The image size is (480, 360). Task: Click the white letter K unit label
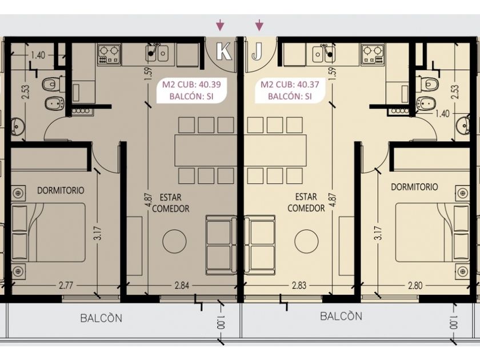(x=224, y=51)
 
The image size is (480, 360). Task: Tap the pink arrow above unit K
(x=220, y=25)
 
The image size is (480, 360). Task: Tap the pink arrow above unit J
(x=259, y=25)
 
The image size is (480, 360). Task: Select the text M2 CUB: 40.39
(x=191, y=84)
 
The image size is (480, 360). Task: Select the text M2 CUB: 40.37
(x=290, y=84)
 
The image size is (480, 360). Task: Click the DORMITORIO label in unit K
(x=61, y=190)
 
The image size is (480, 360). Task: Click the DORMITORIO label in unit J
(x=414, y=187)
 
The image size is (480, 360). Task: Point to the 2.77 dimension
(x=66, y=286)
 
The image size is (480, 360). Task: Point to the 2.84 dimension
(x=182, y=286)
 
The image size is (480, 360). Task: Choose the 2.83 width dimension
(x=299, y=286)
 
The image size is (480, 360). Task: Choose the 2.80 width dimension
(x=415, y=286)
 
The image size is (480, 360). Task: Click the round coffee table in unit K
(x=174, y=241)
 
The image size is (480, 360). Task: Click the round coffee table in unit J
(x=306, y=241)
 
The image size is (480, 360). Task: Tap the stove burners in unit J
(x=372, y=54)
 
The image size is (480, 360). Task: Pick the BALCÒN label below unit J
(x=341, y=315)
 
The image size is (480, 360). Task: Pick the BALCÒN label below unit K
(x=101, y=318)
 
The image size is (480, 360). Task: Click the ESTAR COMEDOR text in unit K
(x=170, y=203)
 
